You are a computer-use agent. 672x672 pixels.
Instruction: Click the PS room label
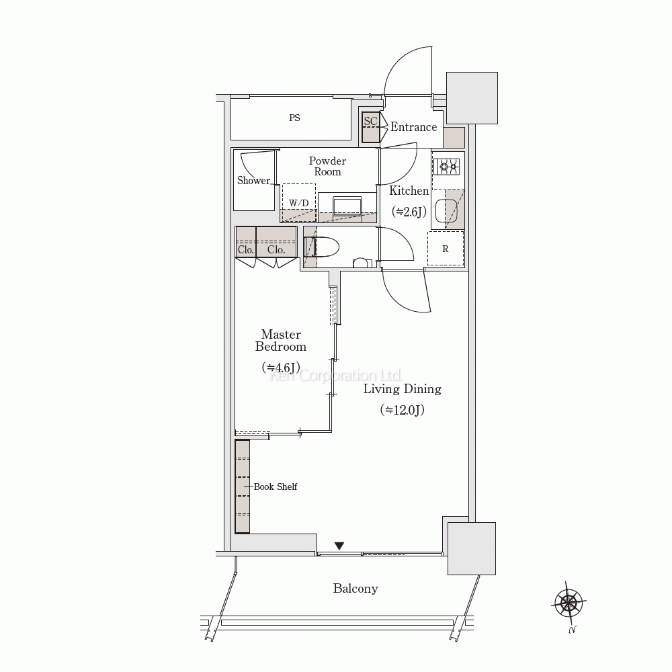[x=294, y=118]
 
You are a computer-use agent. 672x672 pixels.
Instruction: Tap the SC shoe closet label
[x=371, y=121]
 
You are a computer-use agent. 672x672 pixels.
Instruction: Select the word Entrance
[x=413, y=127]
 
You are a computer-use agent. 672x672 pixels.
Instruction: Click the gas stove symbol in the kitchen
[x=447, y=167]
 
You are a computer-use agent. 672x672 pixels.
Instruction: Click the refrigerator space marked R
[x=446, y=249]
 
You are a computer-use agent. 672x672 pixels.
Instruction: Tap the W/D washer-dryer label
[x=299, y=203]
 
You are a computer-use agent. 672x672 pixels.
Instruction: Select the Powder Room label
[x=327, y=166]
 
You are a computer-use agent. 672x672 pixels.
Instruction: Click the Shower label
[x=254, y=180]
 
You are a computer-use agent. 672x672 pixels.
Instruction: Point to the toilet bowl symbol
[x=323, y=247]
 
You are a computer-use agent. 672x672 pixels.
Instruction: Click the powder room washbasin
[x=347, y=204]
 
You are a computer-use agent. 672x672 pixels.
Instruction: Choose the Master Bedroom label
[x=281, y=340]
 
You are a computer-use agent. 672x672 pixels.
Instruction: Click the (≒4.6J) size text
[x=281, y=368]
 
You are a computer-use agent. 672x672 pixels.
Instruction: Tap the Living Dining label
[x=403, y=389]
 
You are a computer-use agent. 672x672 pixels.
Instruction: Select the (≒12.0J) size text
[x=402, y=410]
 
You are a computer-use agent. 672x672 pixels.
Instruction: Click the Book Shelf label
[x=275, y=487]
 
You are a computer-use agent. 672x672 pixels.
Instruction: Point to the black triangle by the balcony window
[x=339, y=546]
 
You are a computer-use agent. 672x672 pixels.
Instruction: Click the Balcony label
[x=355, y=589]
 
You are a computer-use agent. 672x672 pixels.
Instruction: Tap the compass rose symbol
[x=569, y=603]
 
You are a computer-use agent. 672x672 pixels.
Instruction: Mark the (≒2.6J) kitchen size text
[x=409, y=211]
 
